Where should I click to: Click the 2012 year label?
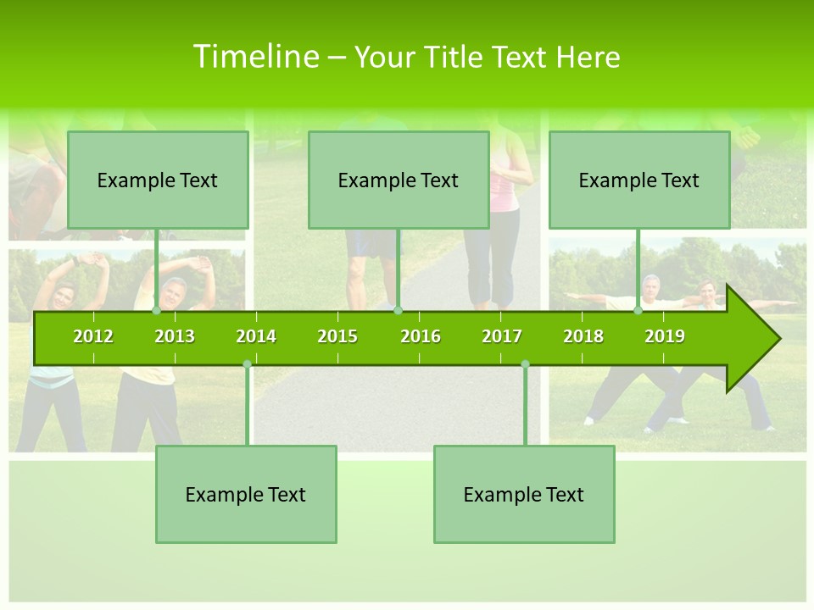(x=93, y=336)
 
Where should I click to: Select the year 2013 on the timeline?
(x=175, y=336)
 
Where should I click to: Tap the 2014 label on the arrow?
(x=256, y=336)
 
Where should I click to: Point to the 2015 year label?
(x=337, y=336)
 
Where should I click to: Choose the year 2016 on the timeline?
(x=421, y=336)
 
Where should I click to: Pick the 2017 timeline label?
(x=502, y=336)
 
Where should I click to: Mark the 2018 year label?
(x=583, y=336)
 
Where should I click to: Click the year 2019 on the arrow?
(x=665, y=336)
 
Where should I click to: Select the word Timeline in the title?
(x=255, y=57)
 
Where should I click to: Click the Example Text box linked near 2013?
(x=158, y=180)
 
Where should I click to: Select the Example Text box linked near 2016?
(x=399, y=180)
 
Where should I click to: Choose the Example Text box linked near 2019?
(x=639, y=180)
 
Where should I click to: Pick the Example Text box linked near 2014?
(x=246, y=494)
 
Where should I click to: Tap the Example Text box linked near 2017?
(x=524, y=494)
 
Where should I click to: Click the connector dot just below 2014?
(x=247, y=364)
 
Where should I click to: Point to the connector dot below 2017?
(x=525, y=364)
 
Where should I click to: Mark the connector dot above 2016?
(x=398, y=310)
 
